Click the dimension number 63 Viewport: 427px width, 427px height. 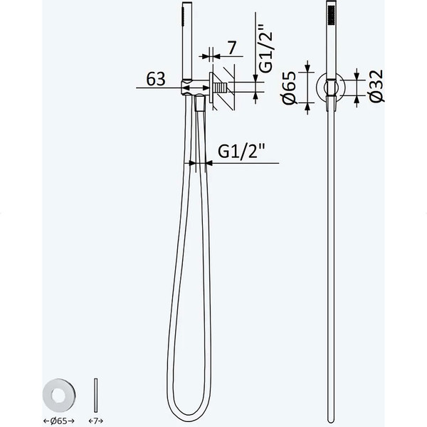pos(156,79)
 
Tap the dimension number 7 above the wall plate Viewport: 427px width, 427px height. pos(232,48)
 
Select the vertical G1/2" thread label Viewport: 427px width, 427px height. pos(265,48)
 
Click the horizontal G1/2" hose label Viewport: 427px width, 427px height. pos(241,151)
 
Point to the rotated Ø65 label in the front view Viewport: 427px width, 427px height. pos(289,88)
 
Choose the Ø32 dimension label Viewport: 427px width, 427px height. pos(376,86)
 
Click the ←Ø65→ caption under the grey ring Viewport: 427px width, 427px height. pos(59,421)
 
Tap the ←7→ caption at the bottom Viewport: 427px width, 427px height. pos(95,421)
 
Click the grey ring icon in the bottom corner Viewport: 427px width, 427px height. pos(59,395)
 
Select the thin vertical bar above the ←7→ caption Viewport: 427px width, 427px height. pos(95,395)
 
